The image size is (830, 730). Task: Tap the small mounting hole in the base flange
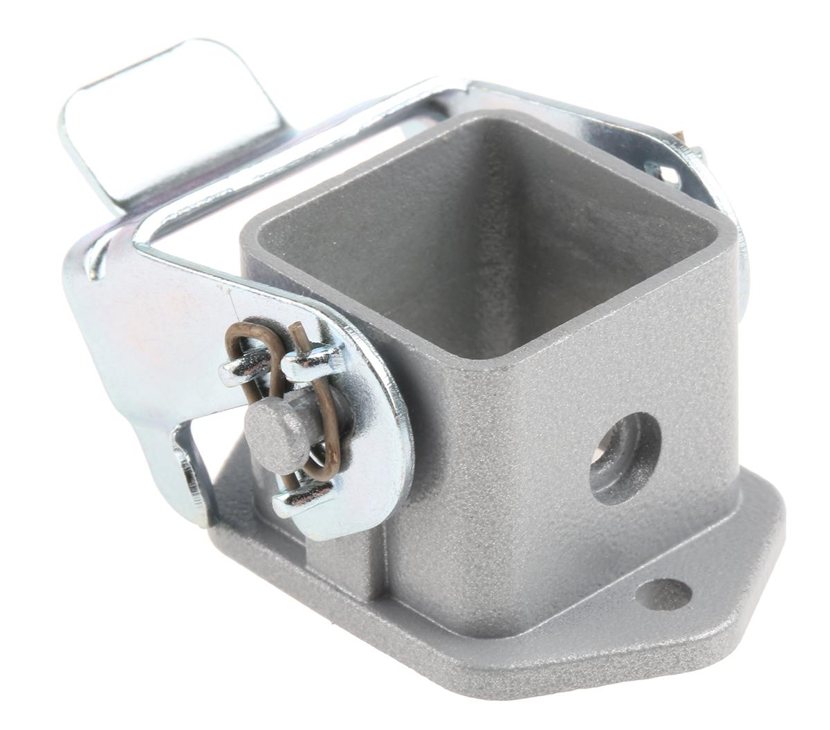coord(662,592)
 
